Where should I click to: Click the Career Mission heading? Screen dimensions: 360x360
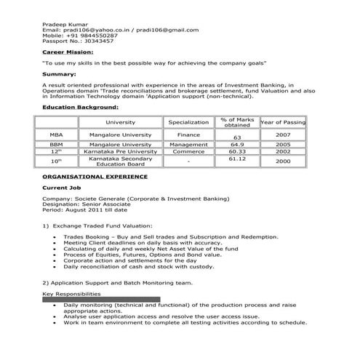pos(68,52)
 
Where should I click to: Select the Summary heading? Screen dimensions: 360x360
pos(60,75)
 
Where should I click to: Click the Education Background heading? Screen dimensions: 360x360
pos(80,108)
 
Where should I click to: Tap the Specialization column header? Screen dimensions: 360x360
pos(188,122)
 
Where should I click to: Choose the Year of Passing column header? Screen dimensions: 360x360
pos(283,122)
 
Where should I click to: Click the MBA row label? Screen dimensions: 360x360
pos(57,135)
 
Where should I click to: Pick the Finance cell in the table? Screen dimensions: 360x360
pos(188,135)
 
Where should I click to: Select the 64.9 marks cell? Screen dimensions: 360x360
pos(236,145)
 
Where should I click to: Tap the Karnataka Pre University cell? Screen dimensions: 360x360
pos(120,152)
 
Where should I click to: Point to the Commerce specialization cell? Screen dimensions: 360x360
pos(188,152)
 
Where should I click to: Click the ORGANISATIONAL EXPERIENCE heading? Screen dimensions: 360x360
pos(95,177)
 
